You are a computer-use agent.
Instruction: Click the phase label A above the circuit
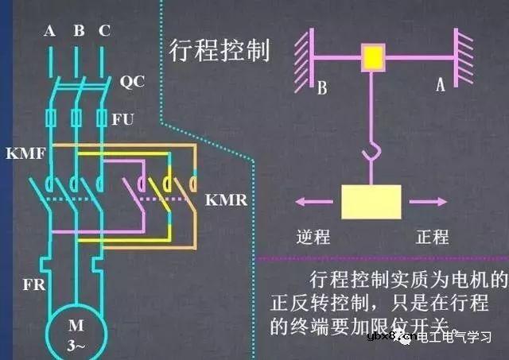point(50,32)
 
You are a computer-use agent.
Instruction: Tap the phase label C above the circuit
point(105,32)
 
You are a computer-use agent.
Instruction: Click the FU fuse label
point(123,118)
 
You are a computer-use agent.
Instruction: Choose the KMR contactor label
point(226,199)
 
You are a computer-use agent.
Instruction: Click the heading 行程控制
point(220,49)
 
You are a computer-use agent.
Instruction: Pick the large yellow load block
point(371,201)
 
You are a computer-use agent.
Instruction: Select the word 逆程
point(312,236)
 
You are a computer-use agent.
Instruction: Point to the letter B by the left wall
point(322,87)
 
